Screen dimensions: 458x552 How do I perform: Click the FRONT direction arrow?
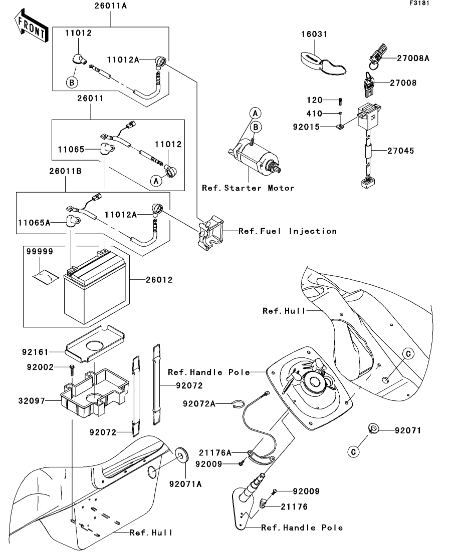click(x=32, y=27)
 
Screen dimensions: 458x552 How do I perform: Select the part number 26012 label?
click(x=159, y=280)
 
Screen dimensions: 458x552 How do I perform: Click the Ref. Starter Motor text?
click(x=248, y=188)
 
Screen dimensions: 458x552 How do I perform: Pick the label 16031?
click(x=314, y=34)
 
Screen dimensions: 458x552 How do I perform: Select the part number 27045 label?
click(x=401, y=151)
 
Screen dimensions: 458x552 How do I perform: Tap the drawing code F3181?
click(x=419, y=3)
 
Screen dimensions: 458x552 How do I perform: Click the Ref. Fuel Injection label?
click(x=288, y=231)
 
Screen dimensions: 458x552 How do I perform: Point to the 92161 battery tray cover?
click(x=95, y=344)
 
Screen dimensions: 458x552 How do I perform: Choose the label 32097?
click(x=32, y=401)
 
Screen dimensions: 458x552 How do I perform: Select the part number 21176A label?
click(x=215, y=453)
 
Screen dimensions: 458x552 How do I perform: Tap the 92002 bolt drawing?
click(x=72, y=370)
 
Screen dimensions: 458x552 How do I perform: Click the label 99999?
click(x=40, y=251)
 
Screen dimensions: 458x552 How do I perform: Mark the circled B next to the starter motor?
click(x=256, y=127)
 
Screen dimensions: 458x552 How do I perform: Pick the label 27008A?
click(x=413, y=58)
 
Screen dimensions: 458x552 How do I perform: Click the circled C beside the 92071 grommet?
click(x=353, y=452)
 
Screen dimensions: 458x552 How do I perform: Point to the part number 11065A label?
click(x=34, y=223)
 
